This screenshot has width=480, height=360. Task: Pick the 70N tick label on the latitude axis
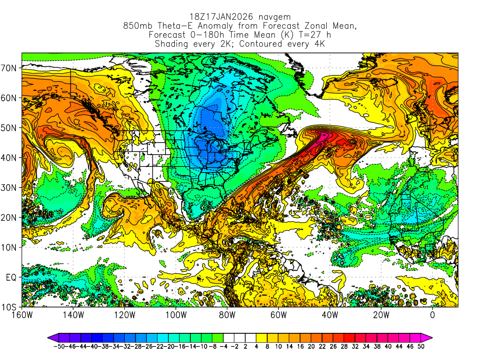[10, 67]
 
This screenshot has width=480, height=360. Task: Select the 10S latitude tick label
[10, 307]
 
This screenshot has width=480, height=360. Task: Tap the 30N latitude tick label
[10, 187]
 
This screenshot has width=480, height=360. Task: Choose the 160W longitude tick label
[22, 315]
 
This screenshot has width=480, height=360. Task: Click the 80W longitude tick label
[227, 315]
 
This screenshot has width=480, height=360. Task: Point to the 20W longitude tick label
[381, 315]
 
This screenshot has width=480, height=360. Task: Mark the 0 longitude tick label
[433, 315]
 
